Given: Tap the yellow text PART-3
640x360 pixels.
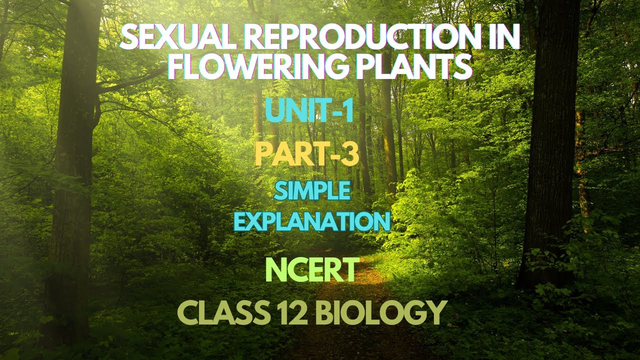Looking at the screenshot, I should [306, 154].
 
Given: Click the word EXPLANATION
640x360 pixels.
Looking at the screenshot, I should [312, 221].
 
